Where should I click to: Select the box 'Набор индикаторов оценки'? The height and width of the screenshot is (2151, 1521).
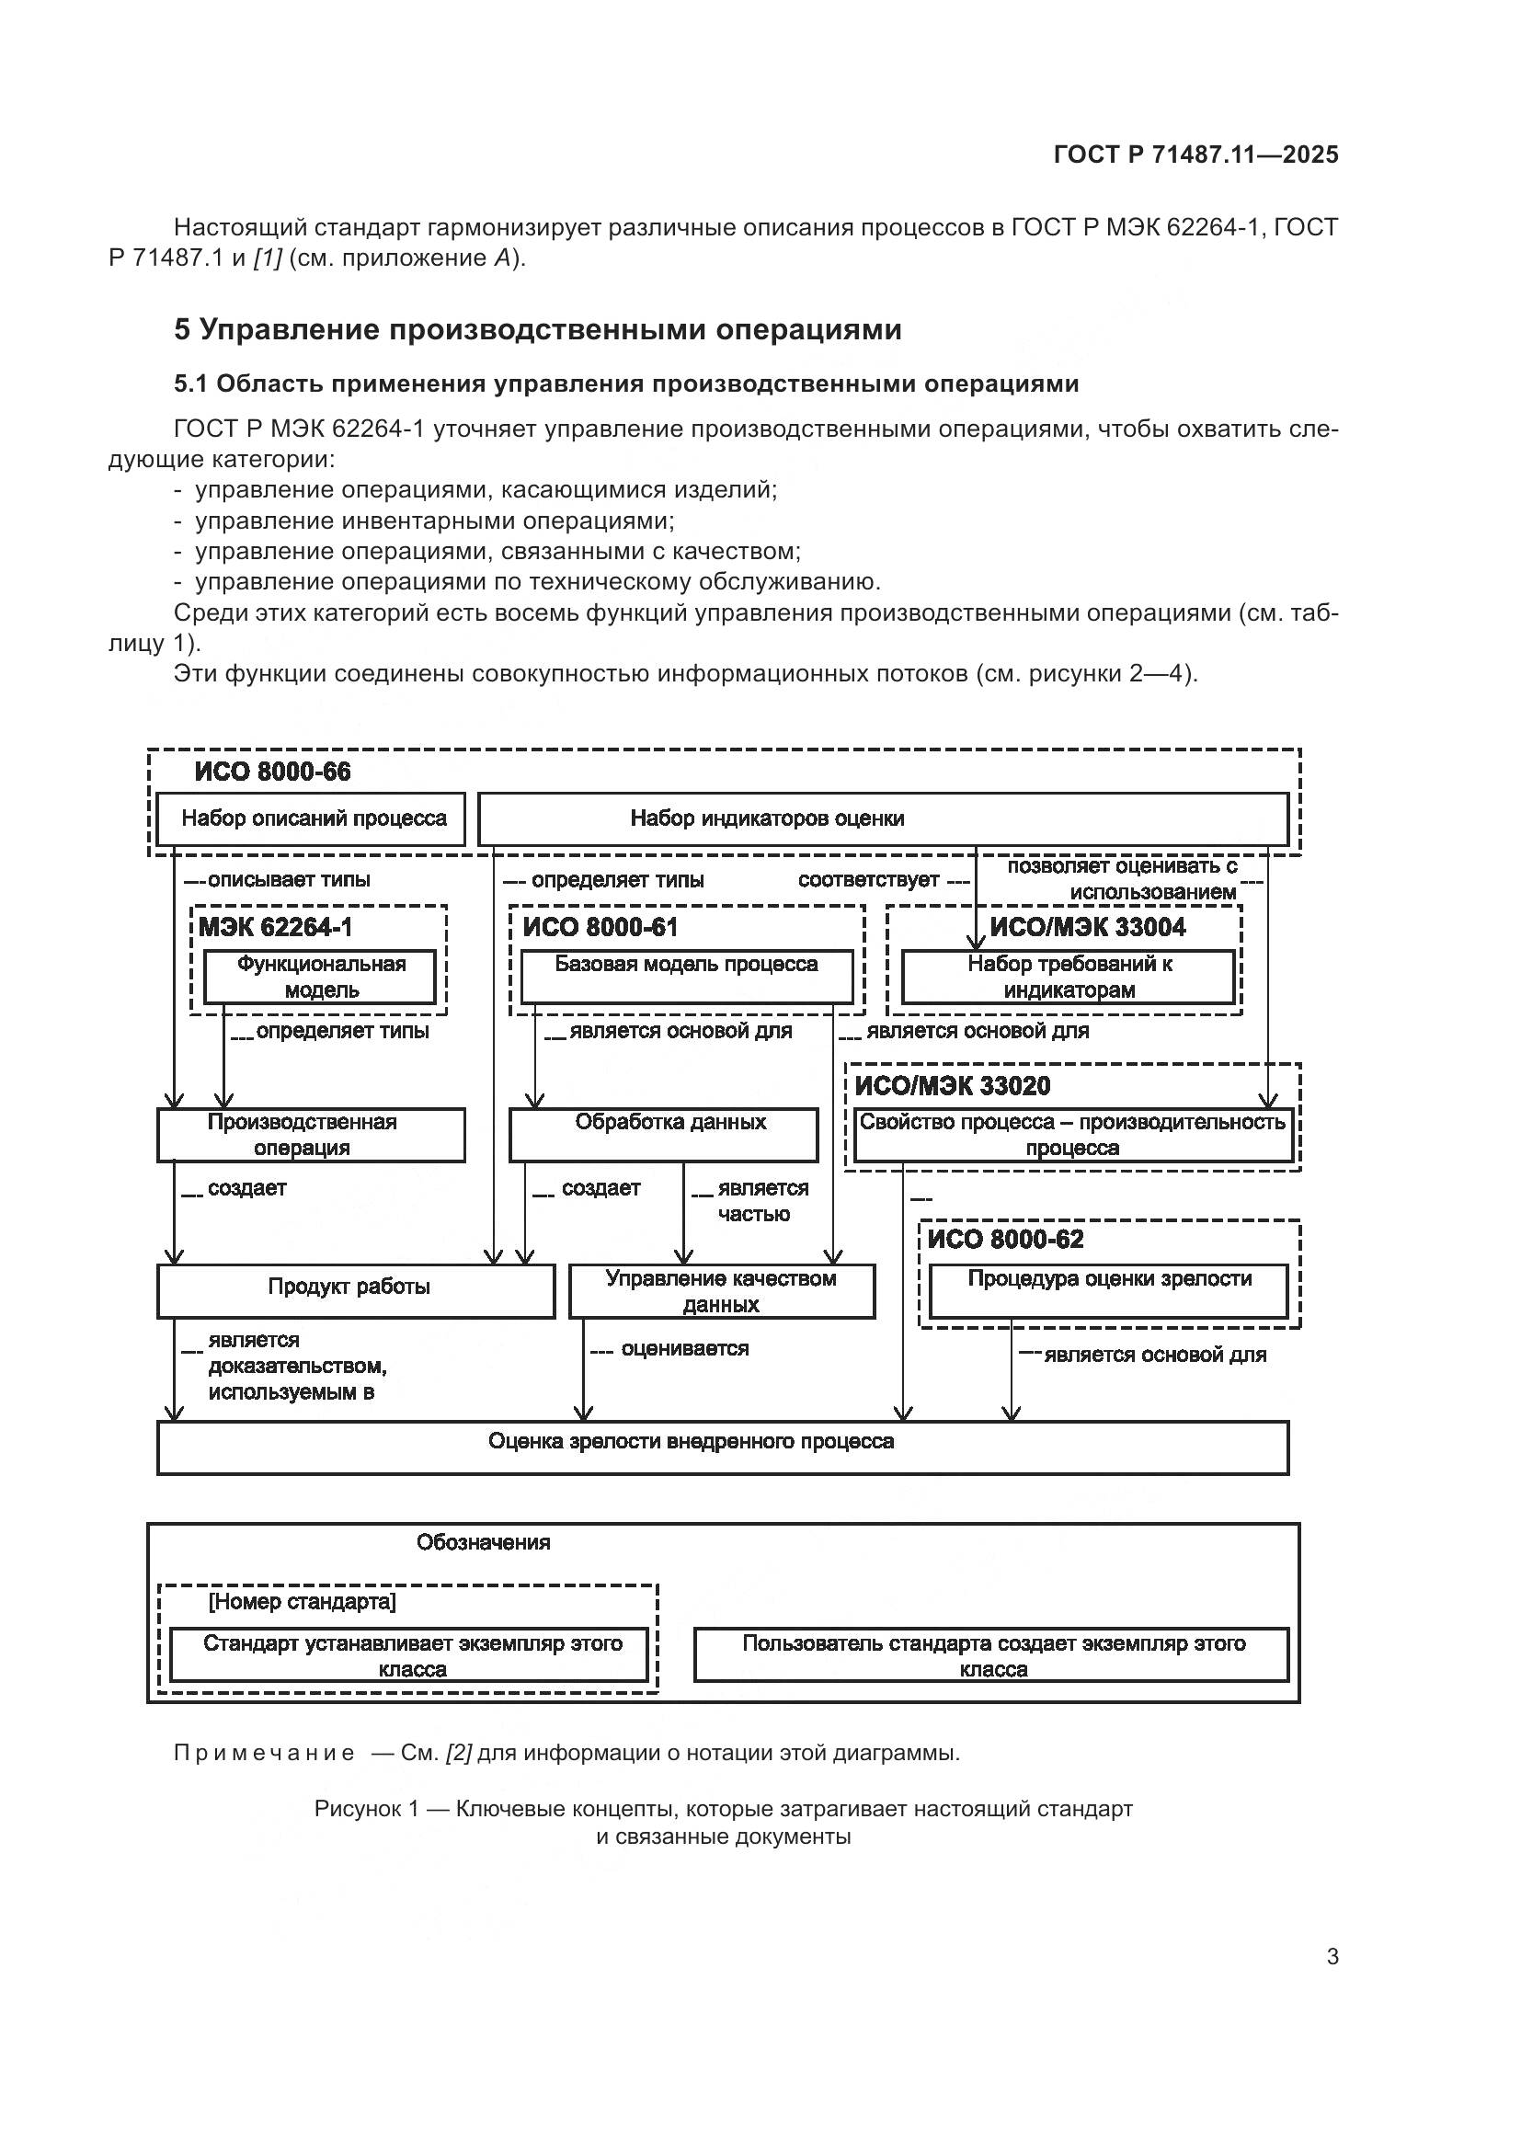[882, 818]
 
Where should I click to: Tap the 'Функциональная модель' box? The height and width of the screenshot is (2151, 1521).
[320, 978]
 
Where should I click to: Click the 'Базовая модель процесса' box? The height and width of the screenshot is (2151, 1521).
[687, 978]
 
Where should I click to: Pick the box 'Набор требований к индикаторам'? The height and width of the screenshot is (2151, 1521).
[1068, 978]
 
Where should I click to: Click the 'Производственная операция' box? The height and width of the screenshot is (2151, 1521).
[311, 1135]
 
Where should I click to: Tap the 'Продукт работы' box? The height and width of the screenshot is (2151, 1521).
[356, 1291]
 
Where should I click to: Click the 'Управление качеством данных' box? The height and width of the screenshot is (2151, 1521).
[721, 1291]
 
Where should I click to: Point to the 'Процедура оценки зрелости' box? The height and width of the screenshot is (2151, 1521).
[1109, 1291]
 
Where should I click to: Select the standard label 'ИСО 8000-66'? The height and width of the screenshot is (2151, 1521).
[272, 772]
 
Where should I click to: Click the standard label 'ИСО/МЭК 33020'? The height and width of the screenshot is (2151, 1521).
[953, 1086]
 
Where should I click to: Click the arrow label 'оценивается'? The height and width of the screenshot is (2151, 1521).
[685, 1349]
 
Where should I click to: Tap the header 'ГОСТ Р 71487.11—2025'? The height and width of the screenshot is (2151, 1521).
[1195, 154]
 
